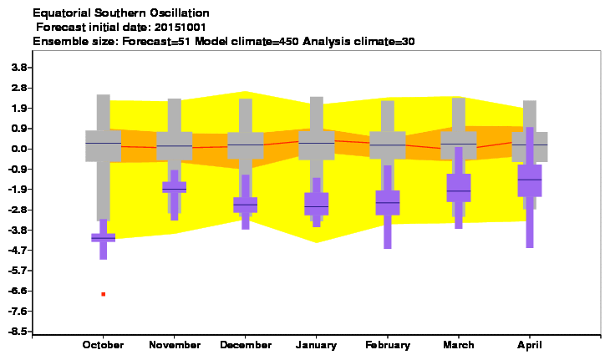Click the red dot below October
click(104, 294)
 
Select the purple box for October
click(104, 237)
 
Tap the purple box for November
click(175, 187)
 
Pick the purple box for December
click(246, 205)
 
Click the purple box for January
click(317, 204)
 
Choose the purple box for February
click(388, 202)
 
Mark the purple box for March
click(459, 188)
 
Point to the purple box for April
click(530, 180)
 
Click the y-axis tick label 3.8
click(19, 68)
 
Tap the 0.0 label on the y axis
click(19, 149)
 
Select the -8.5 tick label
click(18, 332)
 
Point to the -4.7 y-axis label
click(18, 251)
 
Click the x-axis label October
click(103, 345)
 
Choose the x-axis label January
click(317, 345)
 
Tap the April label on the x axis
click(530, 345)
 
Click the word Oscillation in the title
click(180, 13)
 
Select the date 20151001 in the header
click(180, 28)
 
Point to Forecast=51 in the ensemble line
click(156, 41)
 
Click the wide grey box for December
click(246, 145)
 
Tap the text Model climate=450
click(247, 41)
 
